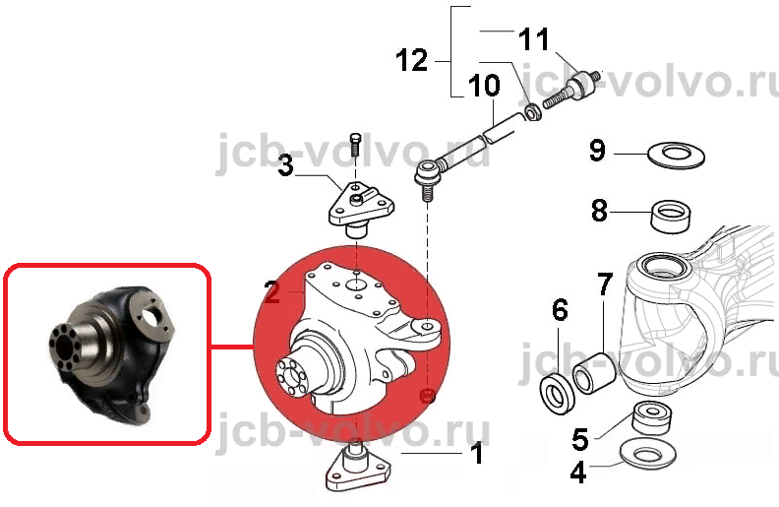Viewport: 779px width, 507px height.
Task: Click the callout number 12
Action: (412, 61)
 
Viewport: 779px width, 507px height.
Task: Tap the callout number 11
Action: (533, 38)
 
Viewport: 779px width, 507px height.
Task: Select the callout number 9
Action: (597, 150)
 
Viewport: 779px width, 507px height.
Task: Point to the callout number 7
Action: (604, 285)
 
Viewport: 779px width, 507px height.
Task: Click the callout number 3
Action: (285, 165)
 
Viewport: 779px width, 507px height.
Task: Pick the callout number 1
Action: (477, 453)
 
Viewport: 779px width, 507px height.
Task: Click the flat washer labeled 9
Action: (676, 155)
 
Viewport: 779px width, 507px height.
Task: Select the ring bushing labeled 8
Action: (670, 216)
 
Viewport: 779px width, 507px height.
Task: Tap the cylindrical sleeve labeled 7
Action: (595, 373)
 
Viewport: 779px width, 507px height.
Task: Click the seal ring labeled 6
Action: (558, 394)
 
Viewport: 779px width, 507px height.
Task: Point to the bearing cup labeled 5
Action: (652, 418)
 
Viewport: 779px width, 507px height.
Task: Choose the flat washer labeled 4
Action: (648, 453)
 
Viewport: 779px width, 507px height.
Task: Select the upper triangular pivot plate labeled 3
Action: (361, 209)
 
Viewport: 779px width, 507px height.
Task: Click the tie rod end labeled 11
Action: (572, 90)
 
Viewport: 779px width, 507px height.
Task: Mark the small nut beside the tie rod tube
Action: (533, 112)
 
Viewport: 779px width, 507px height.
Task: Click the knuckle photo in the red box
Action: (112, 354)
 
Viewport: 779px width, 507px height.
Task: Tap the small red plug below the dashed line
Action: (428, 395)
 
